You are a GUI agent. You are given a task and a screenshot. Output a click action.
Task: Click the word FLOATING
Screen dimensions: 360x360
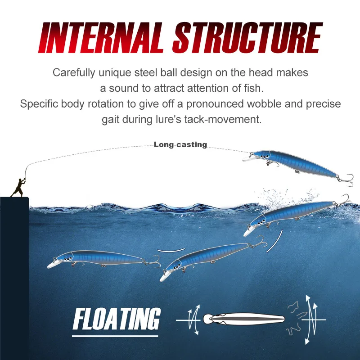click(x=117, y=320)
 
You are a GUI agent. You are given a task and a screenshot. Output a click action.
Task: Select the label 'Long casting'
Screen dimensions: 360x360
click(x=180, y=144)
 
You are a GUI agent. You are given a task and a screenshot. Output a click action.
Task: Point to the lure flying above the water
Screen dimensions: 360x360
click(x=295, y=164)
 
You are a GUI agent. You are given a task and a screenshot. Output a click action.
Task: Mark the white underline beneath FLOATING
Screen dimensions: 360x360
click(x=116, y=335)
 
